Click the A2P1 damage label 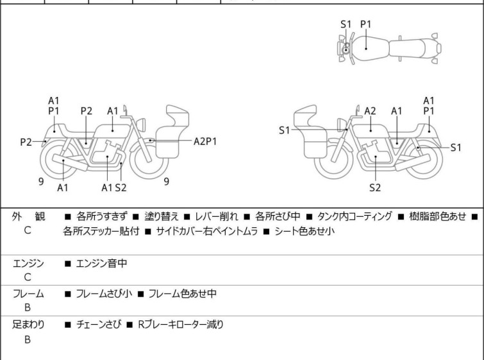(205, 142)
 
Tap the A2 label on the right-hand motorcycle (370, 110)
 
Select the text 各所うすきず (102, 216)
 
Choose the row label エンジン (28, 262)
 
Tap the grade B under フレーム (28, 309)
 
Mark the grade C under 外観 (28, 231)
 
